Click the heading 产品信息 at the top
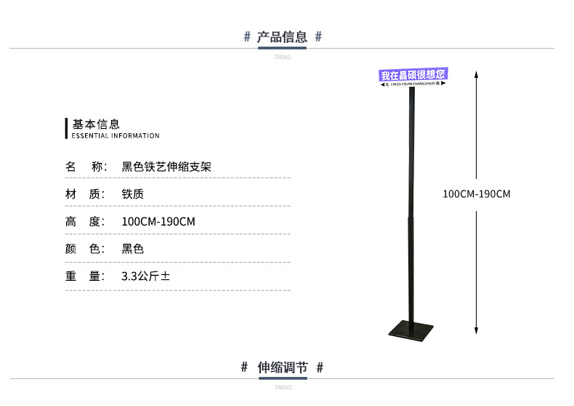click(283, 37)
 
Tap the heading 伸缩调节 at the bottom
click(283, 367)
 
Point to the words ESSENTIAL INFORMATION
click(116, 136)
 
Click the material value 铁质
click(133, 194)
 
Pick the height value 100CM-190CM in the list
click(158, 222)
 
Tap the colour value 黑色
click(133, 249)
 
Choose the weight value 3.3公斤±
click(146, 276)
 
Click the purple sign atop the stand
click(413, 76)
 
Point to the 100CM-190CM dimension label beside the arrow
click(477, 194)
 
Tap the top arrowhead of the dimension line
click(476, 73)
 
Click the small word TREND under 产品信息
click(283, 57)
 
